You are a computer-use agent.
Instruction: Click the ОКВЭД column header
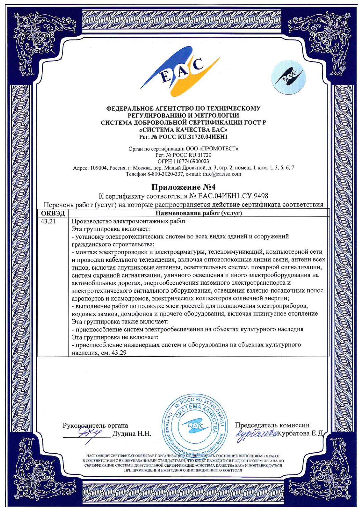pyautogui.click(x=53, y=213)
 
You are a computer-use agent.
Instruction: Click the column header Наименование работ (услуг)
pyautogui.click(x=199, y=213)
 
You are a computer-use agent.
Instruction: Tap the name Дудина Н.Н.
pyautogui.click(x=132, y=434)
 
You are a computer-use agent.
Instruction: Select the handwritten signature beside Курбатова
pyautogui.click(x=256, y=434)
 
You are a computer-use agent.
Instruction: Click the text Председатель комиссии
pyautogui.click(x=272, y=425)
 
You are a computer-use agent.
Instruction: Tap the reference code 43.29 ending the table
pyautogui.click(x=119, y=353)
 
